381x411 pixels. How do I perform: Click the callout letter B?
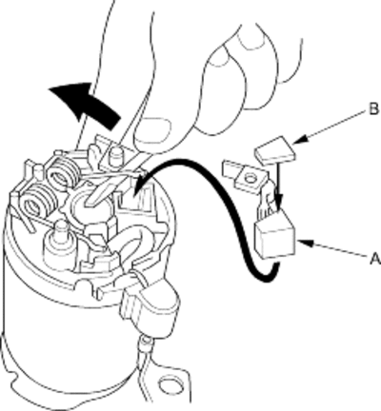[373, 109]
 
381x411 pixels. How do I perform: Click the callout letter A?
[375, 259]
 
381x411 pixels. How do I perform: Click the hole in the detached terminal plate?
[250, 179]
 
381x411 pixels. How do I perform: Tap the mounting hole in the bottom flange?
[169, 384]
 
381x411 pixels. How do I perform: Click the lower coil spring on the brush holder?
[37, 202]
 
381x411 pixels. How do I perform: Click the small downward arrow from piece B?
[278, 184]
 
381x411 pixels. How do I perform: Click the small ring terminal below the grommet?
[146, 342]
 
